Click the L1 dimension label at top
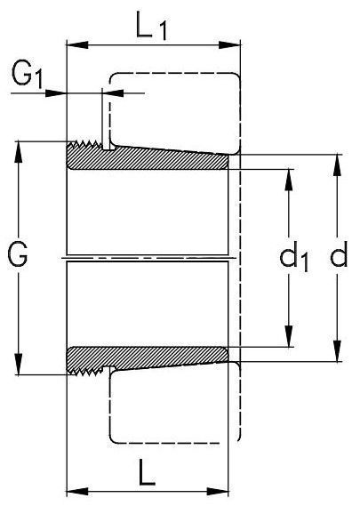tap(152, 26)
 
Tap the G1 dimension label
tap(27, 75)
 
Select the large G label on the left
tap(18, 254)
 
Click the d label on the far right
tap(339, 254)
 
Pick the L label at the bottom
tap(147, 473)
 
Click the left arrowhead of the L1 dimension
tap(77, 44)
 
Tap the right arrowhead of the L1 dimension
tap(229, 44)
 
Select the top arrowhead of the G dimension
tap(19, 152)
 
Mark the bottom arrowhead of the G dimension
tap(19, 364)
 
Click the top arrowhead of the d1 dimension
tap(289, 181)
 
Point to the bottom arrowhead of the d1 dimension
tap(289, 336)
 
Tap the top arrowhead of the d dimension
tap(338, 165)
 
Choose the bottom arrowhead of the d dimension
tap(338, 350)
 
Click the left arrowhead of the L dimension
tap(77, 492)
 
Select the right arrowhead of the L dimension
tap(218, 492)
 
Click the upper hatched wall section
tap(148, 157)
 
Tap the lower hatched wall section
tap(148, 359)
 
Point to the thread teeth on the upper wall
tap(84, 144)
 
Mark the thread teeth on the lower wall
tap(85, 372)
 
